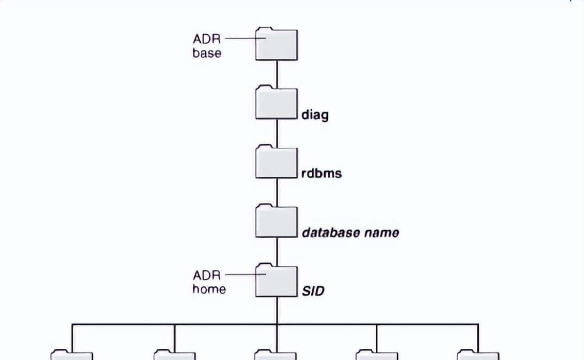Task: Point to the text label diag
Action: click(x=314, y=114)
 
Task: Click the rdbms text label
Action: click(x=321, y=173)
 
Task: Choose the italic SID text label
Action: click(x=313, y=291)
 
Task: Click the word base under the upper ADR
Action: click(x=207, y=53)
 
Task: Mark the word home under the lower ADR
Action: click(x=209, y=289)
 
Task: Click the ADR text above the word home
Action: click(x=207, y=276)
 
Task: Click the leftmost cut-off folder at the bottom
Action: click(x=72, y=355)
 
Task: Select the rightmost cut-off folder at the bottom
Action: click(x=478, y=355)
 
